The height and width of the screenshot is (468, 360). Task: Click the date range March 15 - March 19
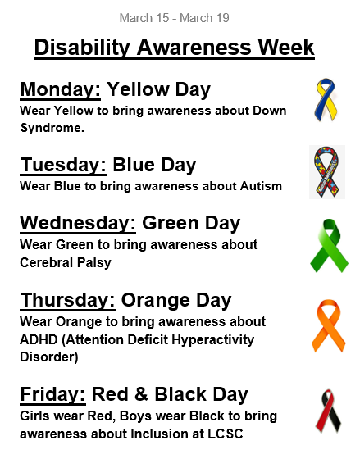175,18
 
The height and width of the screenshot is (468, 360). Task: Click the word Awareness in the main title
194,47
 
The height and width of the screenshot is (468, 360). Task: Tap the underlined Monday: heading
61,89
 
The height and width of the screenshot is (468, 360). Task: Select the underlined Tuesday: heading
63,165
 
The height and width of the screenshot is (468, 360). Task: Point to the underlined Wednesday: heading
78,223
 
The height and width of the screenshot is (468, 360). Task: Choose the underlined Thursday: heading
68,300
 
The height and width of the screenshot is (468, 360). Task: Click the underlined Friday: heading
52,394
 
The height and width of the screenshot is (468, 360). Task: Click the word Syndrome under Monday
51,129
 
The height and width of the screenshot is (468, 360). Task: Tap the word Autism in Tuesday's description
262,186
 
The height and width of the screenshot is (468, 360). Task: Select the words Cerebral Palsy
66,263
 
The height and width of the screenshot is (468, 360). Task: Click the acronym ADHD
39,339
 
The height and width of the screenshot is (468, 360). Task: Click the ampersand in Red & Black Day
141,394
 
